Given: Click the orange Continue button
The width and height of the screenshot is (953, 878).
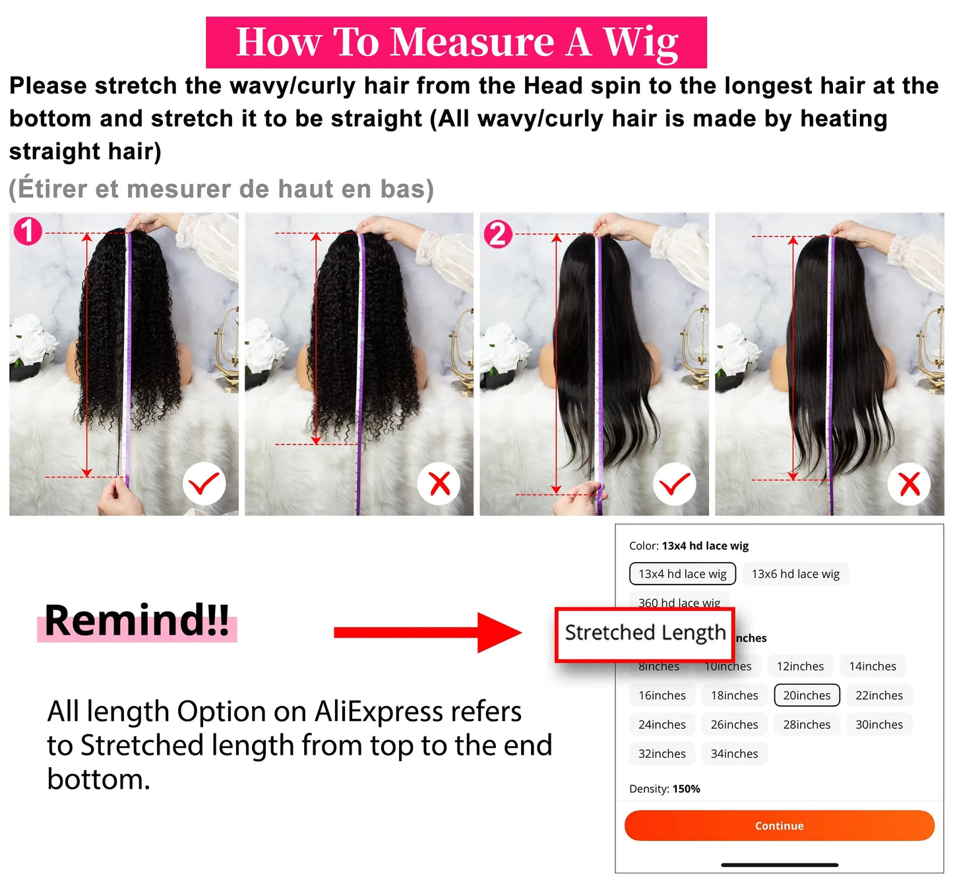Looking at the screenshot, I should pos(779,825).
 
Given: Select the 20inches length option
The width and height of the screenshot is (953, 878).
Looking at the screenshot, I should pos(807,695).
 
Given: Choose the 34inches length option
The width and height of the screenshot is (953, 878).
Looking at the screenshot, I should pos(734,753).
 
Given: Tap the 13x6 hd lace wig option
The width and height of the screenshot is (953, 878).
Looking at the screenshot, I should pos(795,574).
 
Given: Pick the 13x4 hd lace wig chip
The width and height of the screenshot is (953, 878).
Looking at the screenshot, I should pos(682,574).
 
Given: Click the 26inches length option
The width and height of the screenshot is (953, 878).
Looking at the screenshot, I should pos(734,724).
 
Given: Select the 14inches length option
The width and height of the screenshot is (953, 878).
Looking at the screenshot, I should pos(872,666).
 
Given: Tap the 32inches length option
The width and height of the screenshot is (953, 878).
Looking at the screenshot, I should pos(661,753).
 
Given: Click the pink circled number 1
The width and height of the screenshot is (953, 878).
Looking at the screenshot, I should pos(28,232).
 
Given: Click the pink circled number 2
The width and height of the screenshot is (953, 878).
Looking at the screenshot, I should pos(498,234).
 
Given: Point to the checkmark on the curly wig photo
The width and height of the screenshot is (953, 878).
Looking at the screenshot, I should pos(204,485).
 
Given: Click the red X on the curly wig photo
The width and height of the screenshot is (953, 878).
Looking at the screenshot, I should pos(439,484).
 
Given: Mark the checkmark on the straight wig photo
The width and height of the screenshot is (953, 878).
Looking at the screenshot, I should pos(674,485).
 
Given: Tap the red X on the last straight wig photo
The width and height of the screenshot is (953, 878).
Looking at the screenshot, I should pos(909,485).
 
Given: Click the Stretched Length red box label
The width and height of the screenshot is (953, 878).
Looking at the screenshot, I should pos(644,633).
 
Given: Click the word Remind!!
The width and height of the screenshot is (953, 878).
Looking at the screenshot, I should pos(137,621).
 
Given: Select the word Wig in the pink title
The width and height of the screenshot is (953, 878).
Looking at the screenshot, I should pos(640,42).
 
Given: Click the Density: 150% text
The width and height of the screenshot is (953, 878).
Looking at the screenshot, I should pos(664,789).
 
